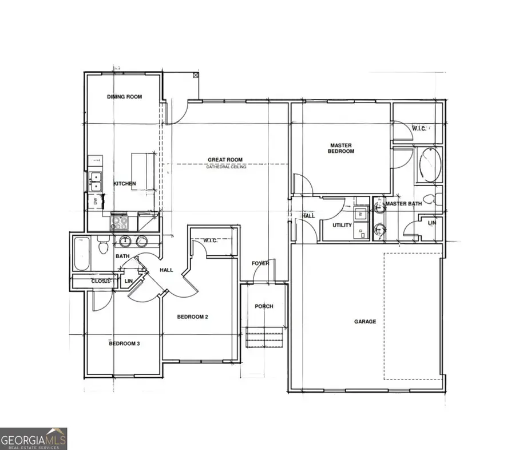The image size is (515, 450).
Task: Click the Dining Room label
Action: tap(124, 97)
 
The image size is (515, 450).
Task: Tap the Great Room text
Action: tap(225, 160)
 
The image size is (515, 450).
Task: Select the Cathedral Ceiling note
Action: tap(227, 167)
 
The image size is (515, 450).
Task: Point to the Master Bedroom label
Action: tap(340, 148)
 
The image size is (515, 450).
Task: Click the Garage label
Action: tap(365, 321)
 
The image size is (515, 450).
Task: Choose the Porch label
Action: tap(264, 306)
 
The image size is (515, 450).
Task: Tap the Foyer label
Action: tap(260, 263)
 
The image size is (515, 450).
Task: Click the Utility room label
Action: tap(342, 225)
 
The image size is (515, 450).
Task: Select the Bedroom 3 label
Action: tap(124, 344)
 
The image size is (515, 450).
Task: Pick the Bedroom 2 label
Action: tap(192, 317)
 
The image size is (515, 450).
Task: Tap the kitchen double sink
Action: tap(96, 181)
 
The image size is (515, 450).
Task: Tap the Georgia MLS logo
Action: tap(34, 439)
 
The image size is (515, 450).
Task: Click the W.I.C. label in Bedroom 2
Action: tap(211, 240)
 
